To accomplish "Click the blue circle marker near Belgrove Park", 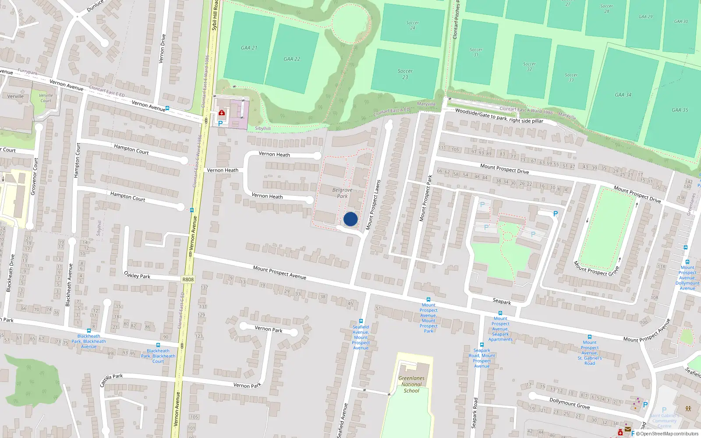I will click(350, 219).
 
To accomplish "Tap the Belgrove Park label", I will click(342, 193).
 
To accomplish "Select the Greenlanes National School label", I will click(411, 384).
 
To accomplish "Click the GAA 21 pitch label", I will click(249, 48).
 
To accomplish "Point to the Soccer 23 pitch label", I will click(405, 74).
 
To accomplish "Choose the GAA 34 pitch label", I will click(623, 95).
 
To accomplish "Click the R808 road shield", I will click(188, 279).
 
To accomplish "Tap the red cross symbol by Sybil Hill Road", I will click(222, 113).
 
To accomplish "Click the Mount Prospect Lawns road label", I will click(373, 205).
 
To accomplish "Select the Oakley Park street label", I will click(137, 275).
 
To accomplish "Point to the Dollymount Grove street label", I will click(570, 403).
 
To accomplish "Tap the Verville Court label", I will click(46, 98).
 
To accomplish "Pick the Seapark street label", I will click(502, 301).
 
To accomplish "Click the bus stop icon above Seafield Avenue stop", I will click(361, 321).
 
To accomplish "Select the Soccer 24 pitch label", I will click(413, 25).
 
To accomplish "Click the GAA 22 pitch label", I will click(292, 59).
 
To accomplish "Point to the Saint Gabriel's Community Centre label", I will click(664, 420).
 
